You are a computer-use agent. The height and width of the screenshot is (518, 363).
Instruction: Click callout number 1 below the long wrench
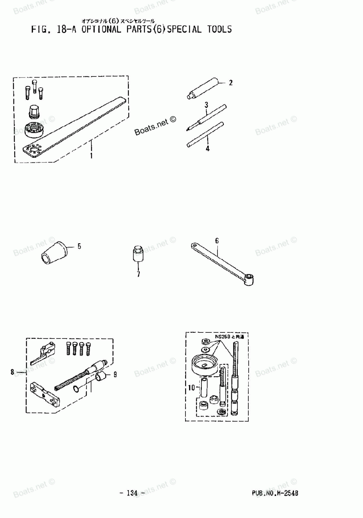coord(91,156)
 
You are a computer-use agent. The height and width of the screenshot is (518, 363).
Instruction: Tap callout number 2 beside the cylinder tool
coord(231,83)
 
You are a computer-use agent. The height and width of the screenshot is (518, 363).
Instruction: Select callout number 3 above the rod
coord(206,105)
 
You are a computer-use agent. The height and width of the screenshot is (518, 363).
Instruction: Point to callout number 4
coord(207,149)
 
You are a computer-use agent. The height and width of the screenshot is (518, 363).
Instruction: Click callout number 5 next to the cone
coord(79,246)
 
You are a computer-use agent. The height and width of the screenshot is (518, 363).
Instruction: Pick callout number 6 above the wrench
coord(217,241)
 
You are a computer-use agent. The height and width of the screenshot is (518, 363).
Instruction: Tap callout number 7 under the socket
coord(138,274)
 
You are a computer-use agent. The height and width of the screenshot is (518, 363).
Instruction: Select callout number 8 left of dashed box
coord(12,372)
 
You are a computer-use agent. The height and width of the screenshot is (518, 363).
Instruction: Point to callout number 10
coord(191,388)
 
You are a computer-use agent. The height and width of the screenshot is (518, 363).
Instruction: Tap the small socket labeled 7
coord(137,255)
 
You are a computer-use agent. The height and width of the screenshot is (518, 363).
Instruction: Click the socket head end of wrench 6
coord(249,278)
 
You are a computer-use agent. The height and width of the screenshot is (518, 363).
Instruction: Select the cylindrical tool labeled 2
coord(203,88)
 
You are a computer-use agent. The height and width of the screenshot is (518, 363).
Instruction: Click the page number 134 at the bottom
coord(132,493)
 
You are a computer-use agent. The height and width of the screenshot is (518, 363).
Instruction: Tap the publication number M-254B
coord(275,493)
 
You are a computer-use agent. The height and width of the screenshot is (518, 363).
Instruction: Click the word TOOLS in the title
coord(220,29)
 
